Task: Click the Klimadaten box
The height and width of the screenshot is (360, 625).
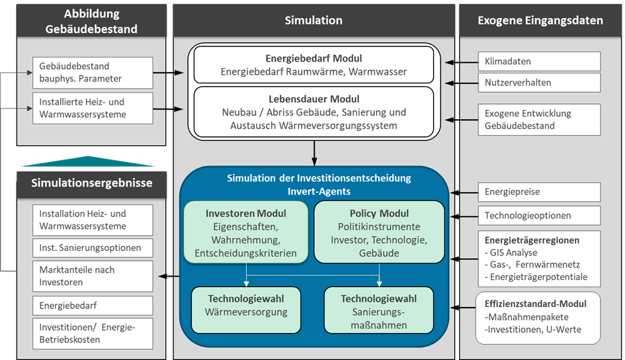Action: tap(538, 62)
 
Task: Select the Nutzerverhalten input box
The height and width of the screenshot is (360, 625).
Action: tap(538, 83)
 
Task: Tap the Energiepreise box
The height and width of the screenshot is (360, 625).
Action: tap(538, 192)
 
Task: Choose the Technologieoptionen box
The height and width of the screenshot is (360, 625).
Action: tap(538, 215)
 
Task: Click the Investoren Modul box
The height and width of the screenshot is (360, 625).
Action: tap(246, 234)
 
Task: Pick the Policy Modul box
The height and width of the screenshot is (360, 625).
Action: tap(379, 234)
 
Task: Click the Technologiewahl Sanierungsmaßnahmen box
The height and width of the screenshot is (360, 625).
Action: tap(379, 311)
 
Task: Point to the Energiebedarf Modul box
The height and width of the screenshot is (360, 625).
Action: tap(313, 65)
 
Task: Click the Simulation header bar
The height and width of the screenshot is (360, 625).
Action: tap(313, 20)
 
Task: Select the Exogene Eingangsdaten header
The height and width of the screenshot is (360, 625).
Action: tap(540, 20)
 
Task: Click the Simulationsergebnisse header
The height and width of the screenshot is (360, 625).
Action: tap(92, 183)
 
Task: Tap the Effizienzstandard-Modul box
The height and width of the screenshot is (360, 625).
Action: tap(538, 317)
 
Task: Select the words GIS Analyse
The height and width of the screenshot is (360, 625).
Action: tap(513, 252)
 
